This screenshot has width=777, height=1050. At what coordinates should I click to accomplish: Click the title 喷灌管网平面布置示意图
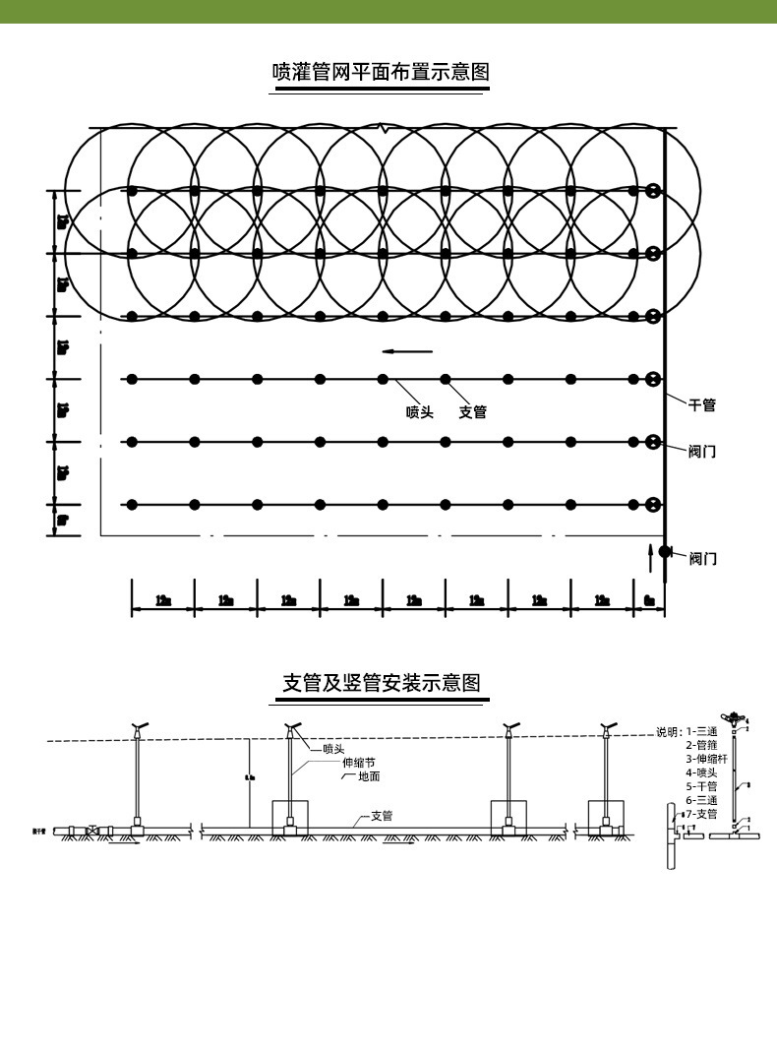pos(380,73)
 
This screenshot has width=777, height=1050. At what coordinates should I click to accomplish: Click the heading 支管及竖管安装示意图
pos(381,683)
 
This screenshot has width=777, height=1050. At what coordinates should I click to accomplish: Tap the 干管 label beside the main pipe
pos(701,404)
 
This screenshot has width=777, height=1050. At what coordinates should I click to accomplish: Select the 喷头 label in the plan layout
pos(420,412)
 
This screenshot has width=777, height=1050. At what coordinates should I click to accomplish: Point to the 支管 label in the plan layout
pos(473,412)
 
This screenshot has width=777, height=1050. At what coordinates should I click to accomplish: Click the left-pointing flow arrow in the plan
pos(407,351)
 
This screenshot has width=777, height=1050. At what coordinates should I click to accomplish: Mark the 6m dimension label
pos(649,600)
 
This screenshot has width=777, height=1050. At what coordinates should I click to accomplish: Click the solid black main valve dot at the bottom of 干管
pos(665,551)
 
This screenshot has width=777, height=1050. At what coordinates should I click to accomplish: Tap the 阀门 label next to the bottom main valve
pos(702,559)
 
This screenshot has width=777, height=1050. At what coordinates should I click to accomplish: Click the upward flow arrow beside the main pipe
pos(650,556)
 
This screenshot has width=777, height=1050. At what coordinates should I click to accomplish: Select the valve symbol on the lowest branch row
pos(652,505)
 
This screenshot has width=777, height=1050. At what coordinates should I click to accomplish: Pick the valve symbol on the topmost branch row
pos(652,190)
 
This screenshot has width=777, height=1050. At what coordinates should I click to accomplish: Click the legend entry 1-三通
pos(704,731)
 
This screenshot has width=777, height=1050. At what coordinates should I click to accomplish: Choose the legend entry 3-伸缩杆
pos(707,759)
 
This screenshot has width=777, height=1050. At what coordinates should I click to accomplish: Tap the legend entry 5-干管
pos(701,786)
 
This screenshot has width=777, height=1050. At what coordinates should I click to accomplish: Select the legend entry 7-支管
pos(701,814)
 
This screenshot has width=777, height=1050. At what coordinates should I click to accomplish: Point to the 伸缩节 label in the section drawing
pos(358,763)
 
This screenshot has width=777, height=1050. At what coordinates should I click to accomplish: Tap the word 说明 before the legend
pos(669,731)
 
